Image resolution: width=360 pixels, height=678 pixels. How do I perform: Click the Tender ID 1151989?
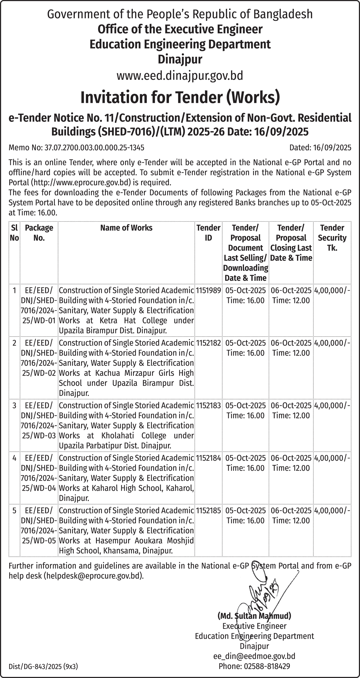coord(208,290)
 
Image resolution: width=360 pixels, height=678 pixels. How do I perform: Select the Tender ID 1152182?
coord(208,343)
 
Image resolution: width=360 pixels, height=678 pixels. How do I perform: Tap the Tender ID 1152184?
coord(208,458)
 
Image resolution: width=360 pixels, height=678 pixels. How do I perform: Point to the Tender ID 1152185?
coord(208,510)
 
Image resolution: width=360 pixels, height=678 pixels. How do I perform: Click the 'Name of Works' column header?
coord(126,228)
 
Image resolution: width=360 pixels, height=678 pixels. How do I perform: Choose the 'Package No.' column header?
coord(39,233)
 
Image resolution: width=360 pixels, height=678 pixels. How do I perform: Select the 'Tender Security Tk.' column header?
coord(332,237)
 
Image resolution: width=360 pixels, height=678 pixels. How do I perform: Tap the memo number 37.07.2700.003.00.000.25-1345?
coord(94,147)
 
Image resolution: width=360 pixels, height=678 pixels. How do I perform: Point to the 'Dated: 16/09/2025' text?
coord(320,147)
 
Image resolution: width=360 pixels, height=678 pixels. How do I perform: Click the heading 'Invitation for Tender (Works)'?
coord(180,97)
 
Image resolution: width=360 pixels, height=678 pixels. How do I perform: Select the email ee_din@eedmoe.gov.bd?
coord(254,656)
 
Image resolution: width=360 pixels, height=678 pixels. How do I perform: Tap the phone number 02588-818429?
coord(267,666)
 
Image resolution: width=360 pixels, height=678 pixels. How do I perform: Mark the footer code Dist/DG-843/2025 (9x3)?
coord(43,666)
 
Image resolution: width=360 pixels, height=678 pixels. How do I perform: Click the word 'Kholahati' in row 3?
coord(118,436)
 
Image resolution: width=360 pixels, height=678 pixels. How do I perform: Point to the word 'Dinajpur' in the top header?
coord(180,59)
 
